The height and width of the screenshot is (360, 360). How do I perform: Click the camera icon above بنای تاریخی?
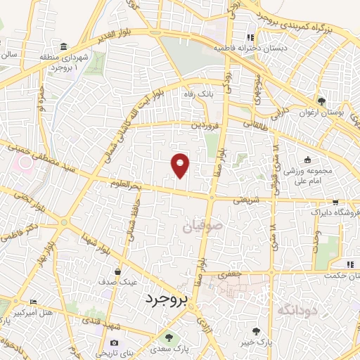(114, 341)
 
